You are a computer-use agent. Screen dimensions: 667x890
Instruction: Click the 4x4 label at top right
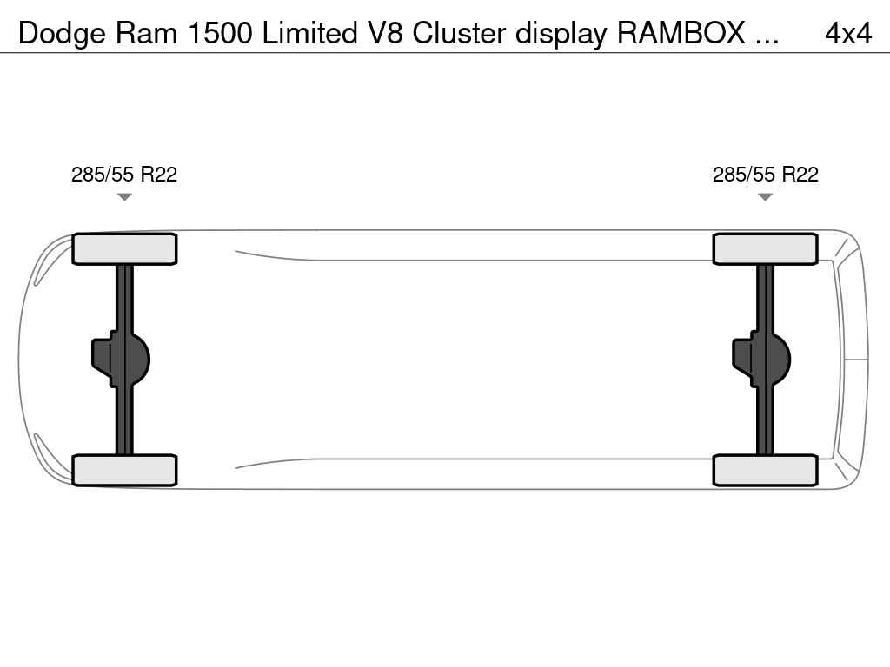(847, 33)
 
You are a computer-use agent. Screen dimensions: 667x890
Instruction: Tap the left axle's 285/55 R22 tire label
(124, 175)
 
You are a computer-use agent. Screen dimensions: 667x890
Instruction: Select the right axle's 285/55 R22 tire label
(766, 175)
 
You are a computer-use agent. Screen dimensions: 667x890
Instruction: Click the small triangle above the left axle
(124, 197)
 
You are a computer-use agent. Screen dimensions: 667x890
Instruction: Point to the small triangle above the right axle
(766, 197)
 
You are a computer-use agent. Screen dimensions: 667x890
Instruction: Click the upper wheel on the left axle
(124, 249)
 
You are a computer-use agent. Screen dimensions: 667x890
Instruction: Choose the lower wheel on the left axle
(124, 470)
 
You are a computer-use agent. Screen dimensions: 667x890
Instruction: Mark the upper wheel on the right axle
(765, 249)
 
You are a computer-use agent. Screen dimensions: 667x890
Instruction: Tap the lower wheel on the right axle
(765, 470)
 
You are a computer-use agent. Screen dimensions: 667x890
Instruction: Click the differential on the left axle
(122, 359)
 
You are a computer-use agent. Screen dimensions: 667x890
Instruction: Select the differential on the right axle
(762, 359)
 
